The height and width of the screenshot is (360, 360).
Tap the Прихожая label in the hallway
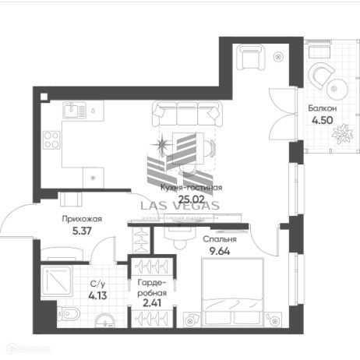click(83, 220)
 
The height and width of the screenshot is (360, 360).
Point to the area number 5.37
click(83, 231)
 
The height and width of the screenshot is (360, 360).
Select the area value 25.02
click(191, 199)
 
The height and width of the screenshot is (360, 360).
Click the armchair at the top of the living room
click(250, 58)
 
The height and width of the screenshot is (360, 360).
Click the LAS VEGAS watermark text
click(180, 206)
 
